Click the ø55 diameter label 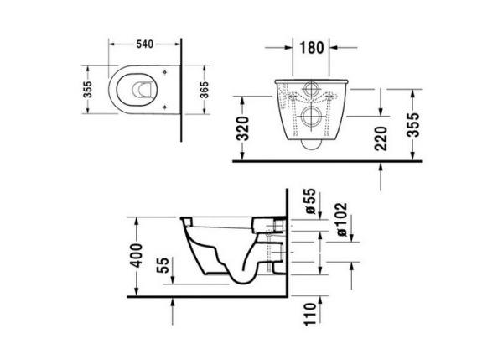click(x=309, y=203)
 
